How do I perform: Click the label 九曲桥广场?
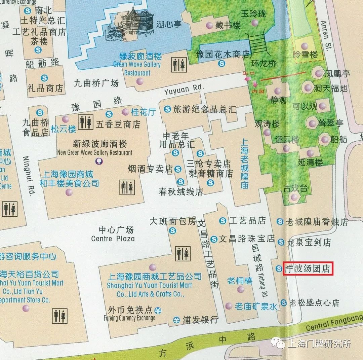(x=96, y=82)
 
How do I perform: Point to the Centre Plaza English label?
(x=113, y=239)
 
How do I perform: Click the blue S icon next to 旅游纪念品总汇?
(x=167, y=109)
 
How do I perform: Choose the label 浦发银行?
(x=200, y=320)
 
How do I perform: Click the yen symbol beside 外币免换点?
(x=158, y=310)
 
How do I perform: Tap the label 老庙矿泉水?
(x=256, y=306)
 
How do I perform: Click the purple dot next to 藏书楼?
(x=209, y=25)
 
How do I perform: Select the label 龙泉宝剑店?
(x=309, y=242)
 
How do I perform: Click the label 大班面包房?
(x=172, y=221)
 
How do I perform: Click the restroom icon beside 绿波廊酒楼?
(x=179, y=65)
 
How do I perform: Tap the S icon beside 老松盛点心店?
(x=284, y=303)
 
